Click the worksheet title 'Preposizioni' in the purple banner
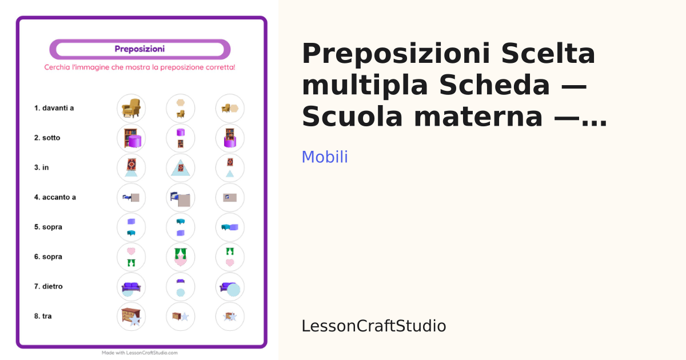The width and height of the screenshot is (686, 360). (139, 49)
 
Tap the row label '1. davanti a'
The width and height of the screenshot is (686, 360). (54, 108)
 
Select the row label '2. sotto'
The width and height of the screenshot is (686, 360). (47, 138)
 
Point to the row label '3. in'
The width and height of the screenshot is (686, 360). (41, 167)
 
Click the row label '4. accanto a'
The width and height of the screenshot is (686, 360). (55, 197)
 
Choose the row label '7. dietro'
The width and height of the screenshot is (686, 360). (49, 286)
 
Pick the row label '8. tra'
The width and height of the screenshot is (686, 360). (43, 316)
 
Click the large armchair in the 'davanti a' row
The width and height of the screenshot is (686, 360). (131, 108)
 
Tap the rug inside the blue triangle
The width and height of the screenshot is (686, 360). (181, 168)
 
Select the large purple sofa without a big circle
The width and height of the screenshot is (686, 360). (131, 286)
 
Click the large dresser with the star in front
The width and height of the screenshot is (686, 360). (130, 315)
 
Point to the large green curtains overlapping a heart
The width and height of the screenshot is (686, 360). (181, 254)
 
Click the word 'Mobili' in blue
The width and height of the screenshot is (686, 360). (325, 157)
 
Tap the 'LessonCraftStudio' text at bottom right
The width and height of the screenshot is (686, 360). (374, 326)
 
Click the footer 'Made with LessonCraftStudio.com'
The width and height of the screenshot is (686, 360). (139, 353)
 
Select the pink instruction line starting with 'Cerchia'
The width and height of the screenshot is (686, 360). (139, 67)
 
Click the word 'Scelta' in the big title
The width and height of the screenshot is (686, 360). (548, 54)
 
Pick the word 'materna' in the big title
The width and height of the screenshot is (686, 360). (478, 117)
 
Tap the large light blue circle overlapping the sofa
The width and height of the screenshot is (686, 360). (234, 290)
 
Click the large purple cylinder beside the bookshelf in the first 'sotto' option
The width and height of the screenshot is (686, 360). (135, 141)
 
